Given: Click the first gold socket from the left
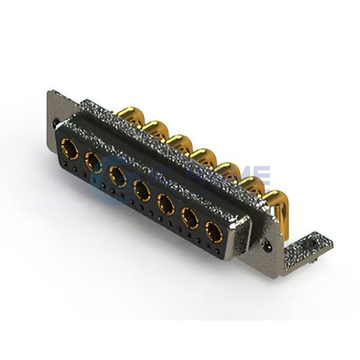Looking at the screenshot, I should pos(70,145).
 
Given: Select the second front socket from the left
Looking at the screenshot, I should pos(93,160).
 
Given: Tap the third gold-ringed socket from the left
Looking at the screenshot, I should pos(118,176).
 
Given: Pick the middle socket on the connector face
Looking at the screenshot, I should pos(142,191).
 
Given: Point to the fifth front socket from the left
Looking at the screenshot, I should pos(166,205).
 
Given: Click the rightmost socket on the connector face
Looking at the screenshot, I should pos(214,231).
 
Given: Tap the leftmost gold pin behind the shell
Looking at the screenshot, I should pos(127,114).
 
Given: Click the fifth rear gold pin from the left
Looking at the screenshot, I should pos(227,169).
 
